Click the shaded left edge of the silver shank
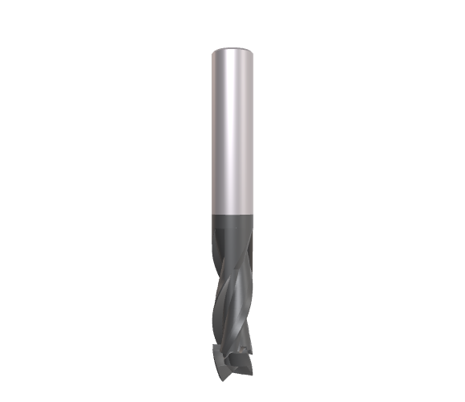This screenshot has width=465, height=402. pos(214,133)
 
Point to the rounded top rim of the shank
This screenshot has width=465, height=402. pos(232,48)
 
